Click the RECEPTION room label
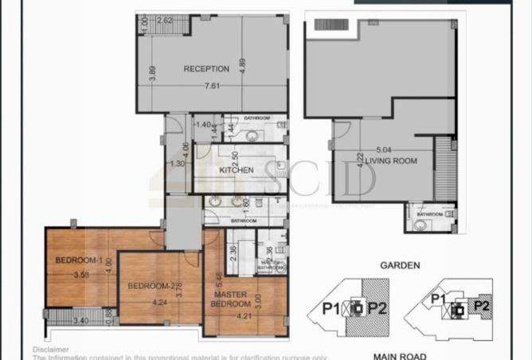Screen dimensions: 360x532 point(206,68)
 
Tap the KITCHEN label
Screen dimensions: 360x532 point(237,170)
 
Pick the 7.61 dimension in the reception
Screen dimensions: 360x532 point(211,84)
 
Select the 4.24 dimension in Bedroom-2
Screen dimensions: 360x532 point(158,303)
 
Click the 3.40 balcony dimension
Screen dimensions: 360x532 point(81,322)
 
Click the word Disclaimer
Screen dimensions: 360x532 point(49,349)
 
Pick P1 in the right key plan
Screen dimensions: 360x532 point(436,298)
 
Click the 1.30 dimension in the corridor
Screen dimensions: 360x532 point(178,164)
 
